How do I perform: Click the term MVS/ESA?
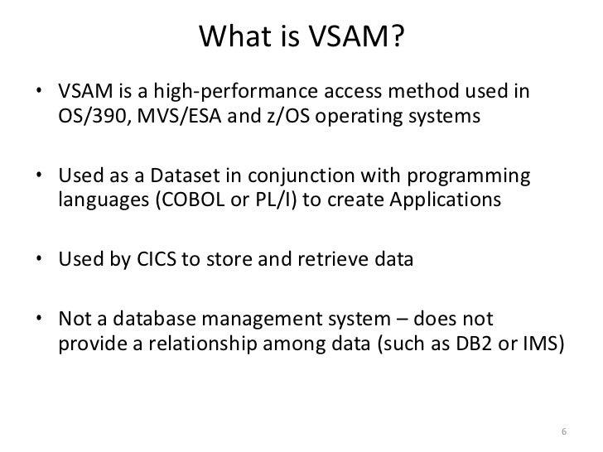click(174, 114)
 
